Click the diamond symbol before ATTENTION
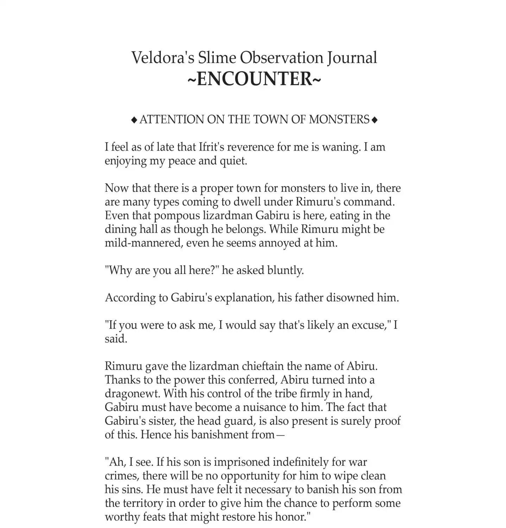coord(134,120)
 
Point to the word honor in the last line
coord(292,517)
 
